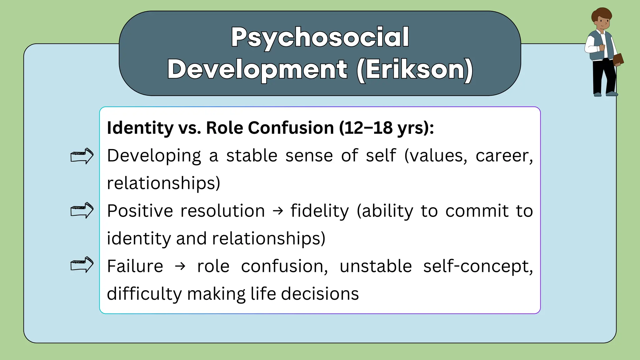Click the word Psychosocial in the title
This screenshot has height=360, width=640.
[x=320, y=37]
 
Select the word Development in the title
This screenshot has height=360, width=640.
[x=257, y=69]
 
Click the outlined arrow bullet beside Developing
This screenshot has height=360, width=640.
[x=82, y=156]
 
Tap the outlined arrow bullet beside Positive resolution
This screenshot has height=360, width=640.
[x=82, y=210]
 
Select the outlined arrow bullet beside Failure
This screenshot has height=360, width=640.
[x=82, y=265]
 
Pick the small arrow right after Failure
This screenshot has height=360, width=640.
[x=180, y=267]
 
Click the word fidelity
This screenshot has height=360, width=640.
[x=319, y=211]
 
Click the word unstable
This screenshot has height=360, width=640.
[x=376, y=266]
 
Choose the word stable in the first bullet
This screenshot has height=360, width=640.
[x=252, y=156]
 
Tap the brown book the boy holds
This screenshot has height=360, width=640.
[x=618, y=59]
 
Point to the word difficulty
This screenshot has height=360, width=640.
[x=144, y=294]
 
